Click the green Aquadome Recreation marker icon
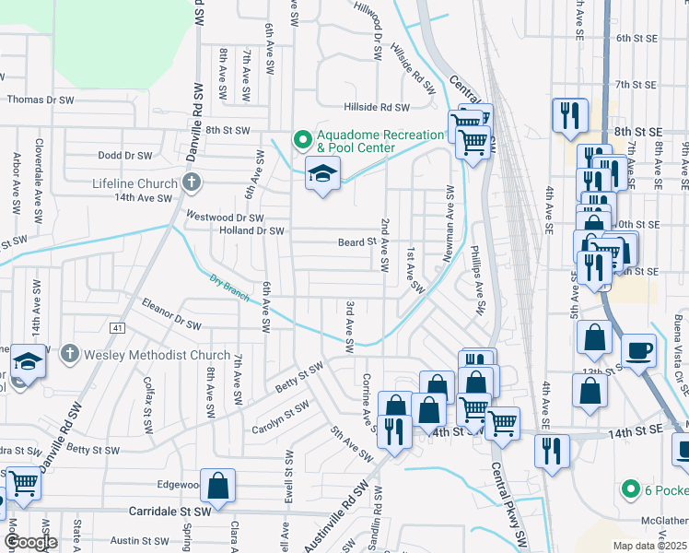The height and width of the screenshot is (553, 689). click(x=301, y=140)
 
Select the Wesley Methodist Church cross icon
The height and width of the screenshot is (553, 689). click(x=69, y=354)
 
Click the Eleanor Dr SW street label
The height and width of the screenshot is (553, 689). click(x=171, y=313)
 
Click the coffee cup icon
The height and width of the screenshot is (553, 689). click(x=639, y=350)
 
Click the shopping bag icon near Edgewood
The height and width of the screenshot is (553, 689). click(x=217, y=485)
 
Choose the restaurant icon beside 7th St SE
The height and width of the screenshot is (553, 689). click(x=569, y=114)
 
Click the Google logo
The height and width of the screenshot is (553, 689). click(x=30, y=542)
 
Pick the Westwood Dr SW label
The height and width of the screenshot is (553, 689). click(x=225, y=218)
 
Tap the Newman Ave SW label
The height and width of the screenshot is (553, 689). click(x=450, y=227)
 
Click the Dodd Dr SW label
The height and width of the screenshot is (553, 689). click(x=124, y=156)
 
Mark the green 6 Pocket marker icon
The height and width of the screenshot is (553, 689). click(x=630, y=488)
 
